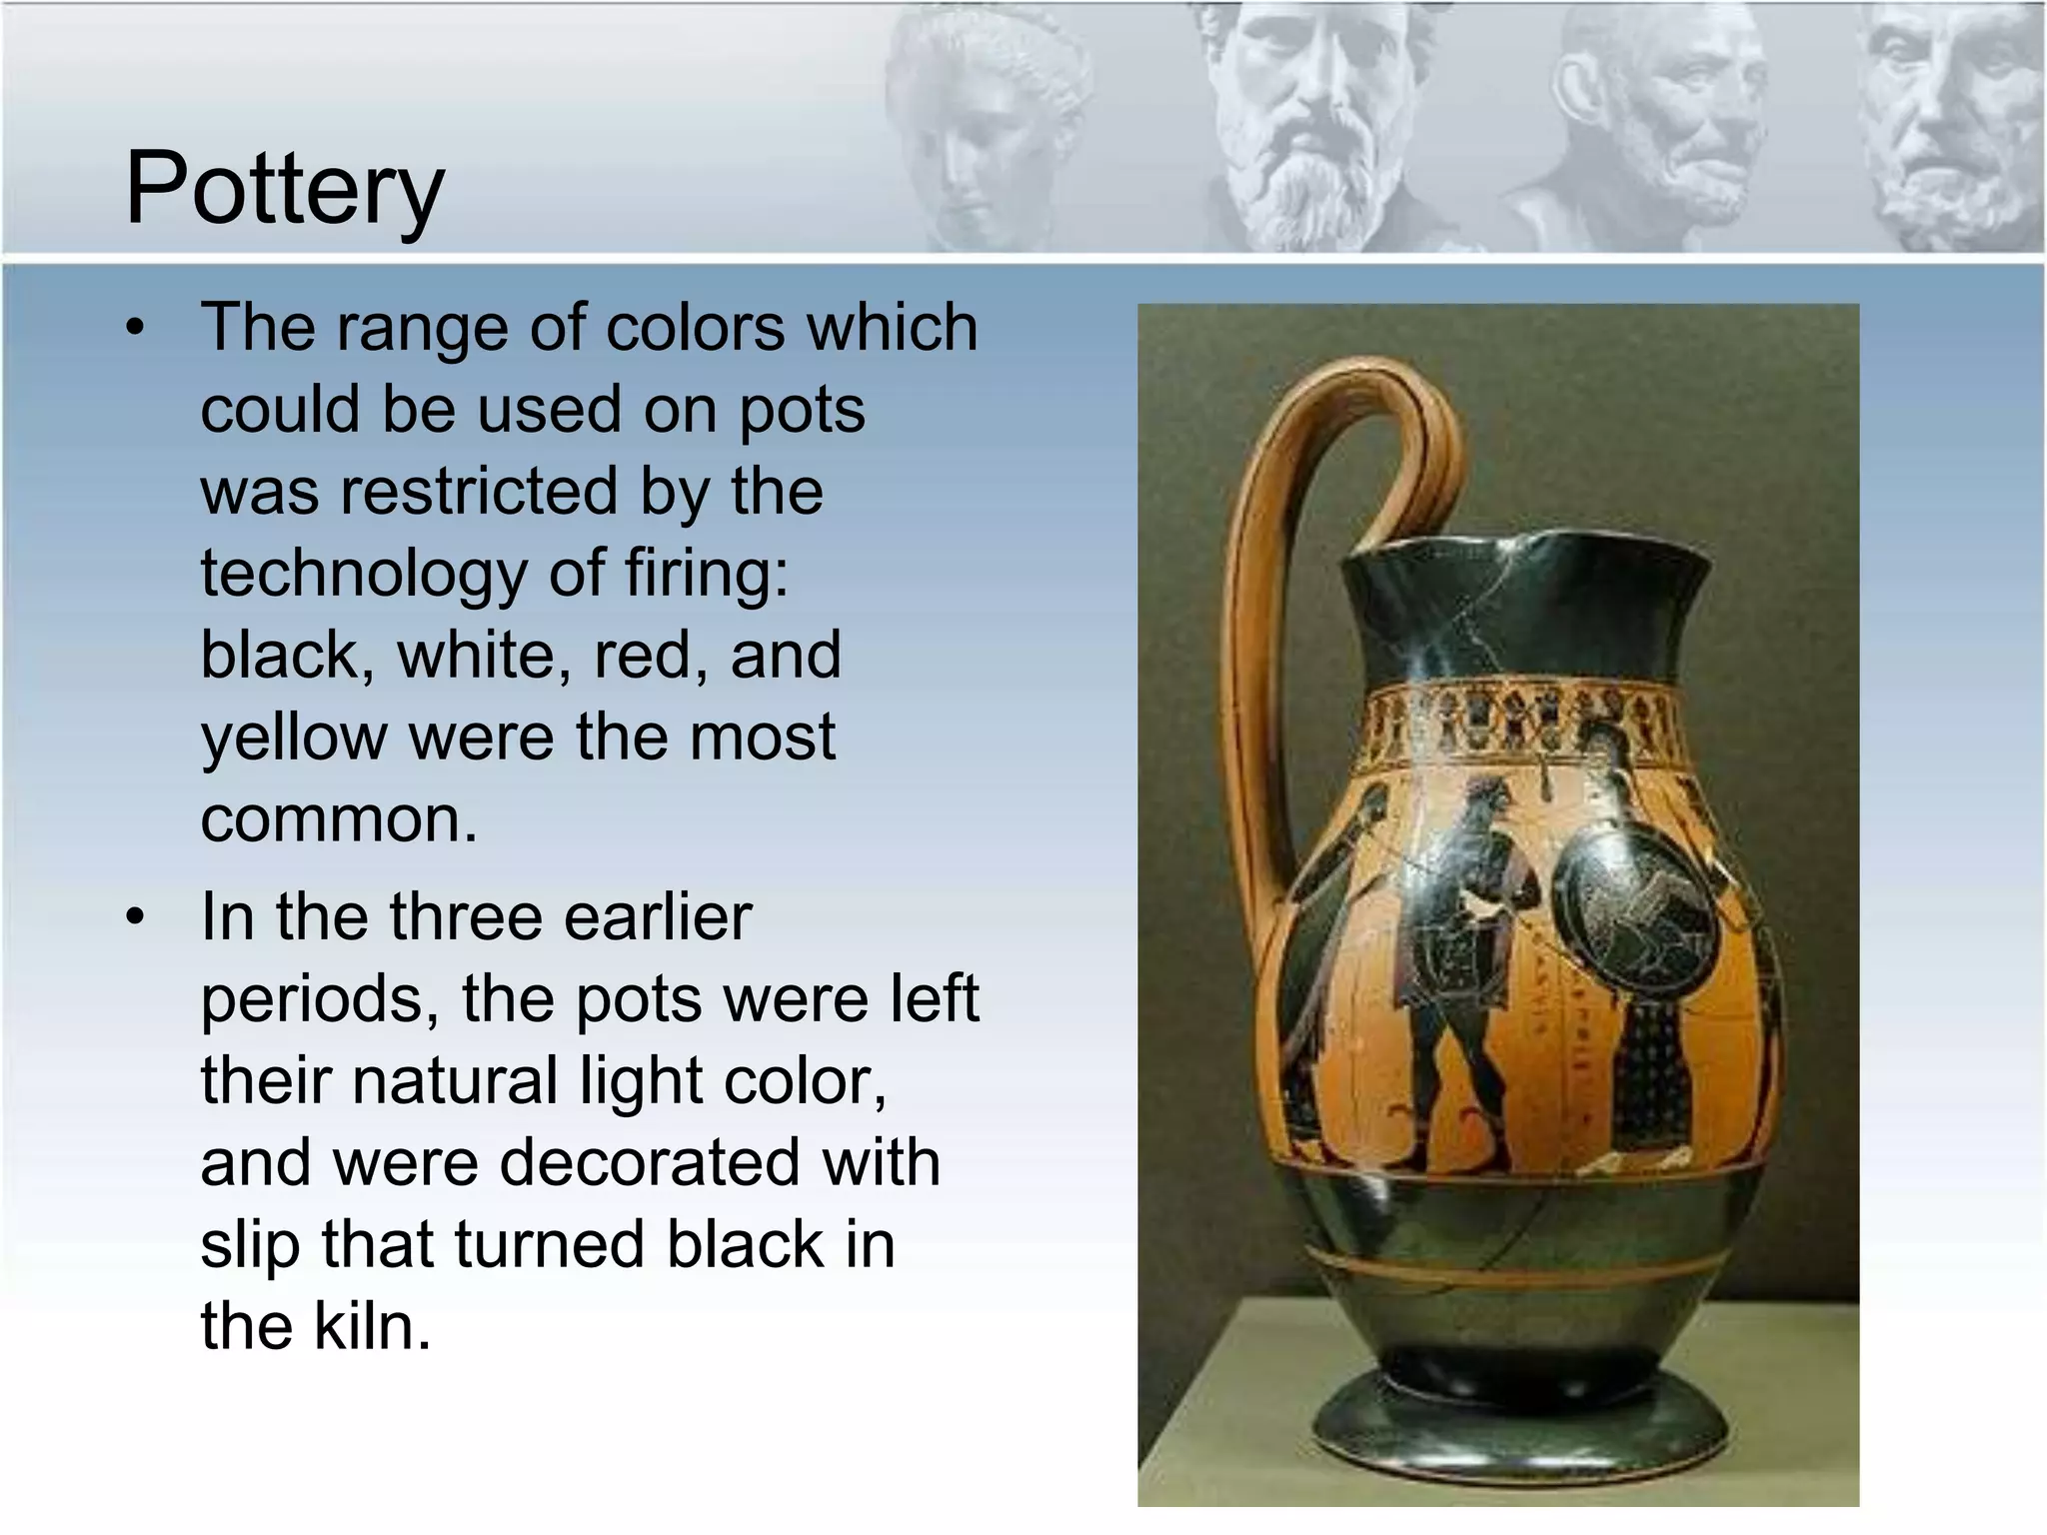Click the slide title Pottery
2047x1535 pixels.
coord(284,188)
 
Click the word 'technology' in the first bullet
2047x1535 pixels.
coord(361,574)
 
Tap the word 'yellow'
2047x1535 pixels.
coord(293,738)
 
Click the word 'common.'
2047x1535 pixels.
coord(339,819)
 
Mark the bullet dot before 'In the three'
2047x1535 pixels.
coord(136,916)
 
